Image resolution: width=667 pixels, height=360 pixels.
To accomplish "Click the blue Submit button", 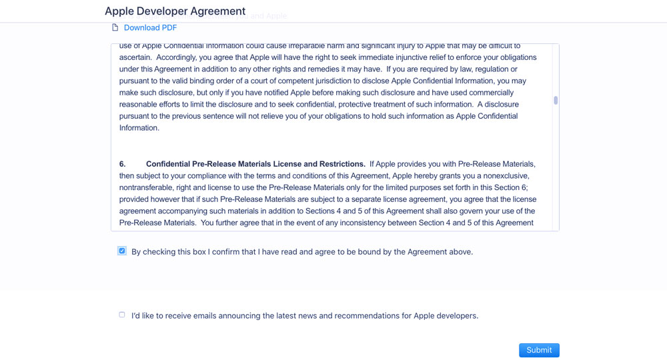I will click(x=539, y=350).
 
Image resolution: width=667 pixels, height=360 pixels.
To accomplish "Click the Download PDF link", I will click(x=150, y=27).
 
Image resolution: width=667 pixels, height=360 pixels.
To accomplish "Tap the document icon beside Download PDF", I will click(x=115, y=27).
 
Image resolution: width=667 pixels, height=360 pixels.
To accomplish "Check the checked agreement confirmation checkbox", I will click(x=121, y=251).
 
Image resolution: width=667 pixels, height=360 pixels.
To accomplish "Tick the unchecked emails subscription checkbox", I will click(x=121, y=315).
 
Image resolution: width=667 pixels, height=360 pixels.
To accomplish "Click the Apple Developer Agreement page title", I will click(x=175, y=11).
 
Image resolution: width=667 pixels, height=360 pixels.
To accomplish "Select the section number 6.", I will click(x=122, y=164).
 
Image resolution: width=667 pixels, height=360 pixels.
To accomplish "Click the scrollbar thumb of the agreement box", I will click(x=556, y=101).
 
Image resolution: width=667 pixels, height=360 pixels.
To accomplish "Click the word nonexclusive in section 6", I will click(x=512, y=176).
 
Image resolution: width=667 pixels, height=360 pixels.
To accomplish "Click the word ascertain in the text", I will click(x=135, y=57).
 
